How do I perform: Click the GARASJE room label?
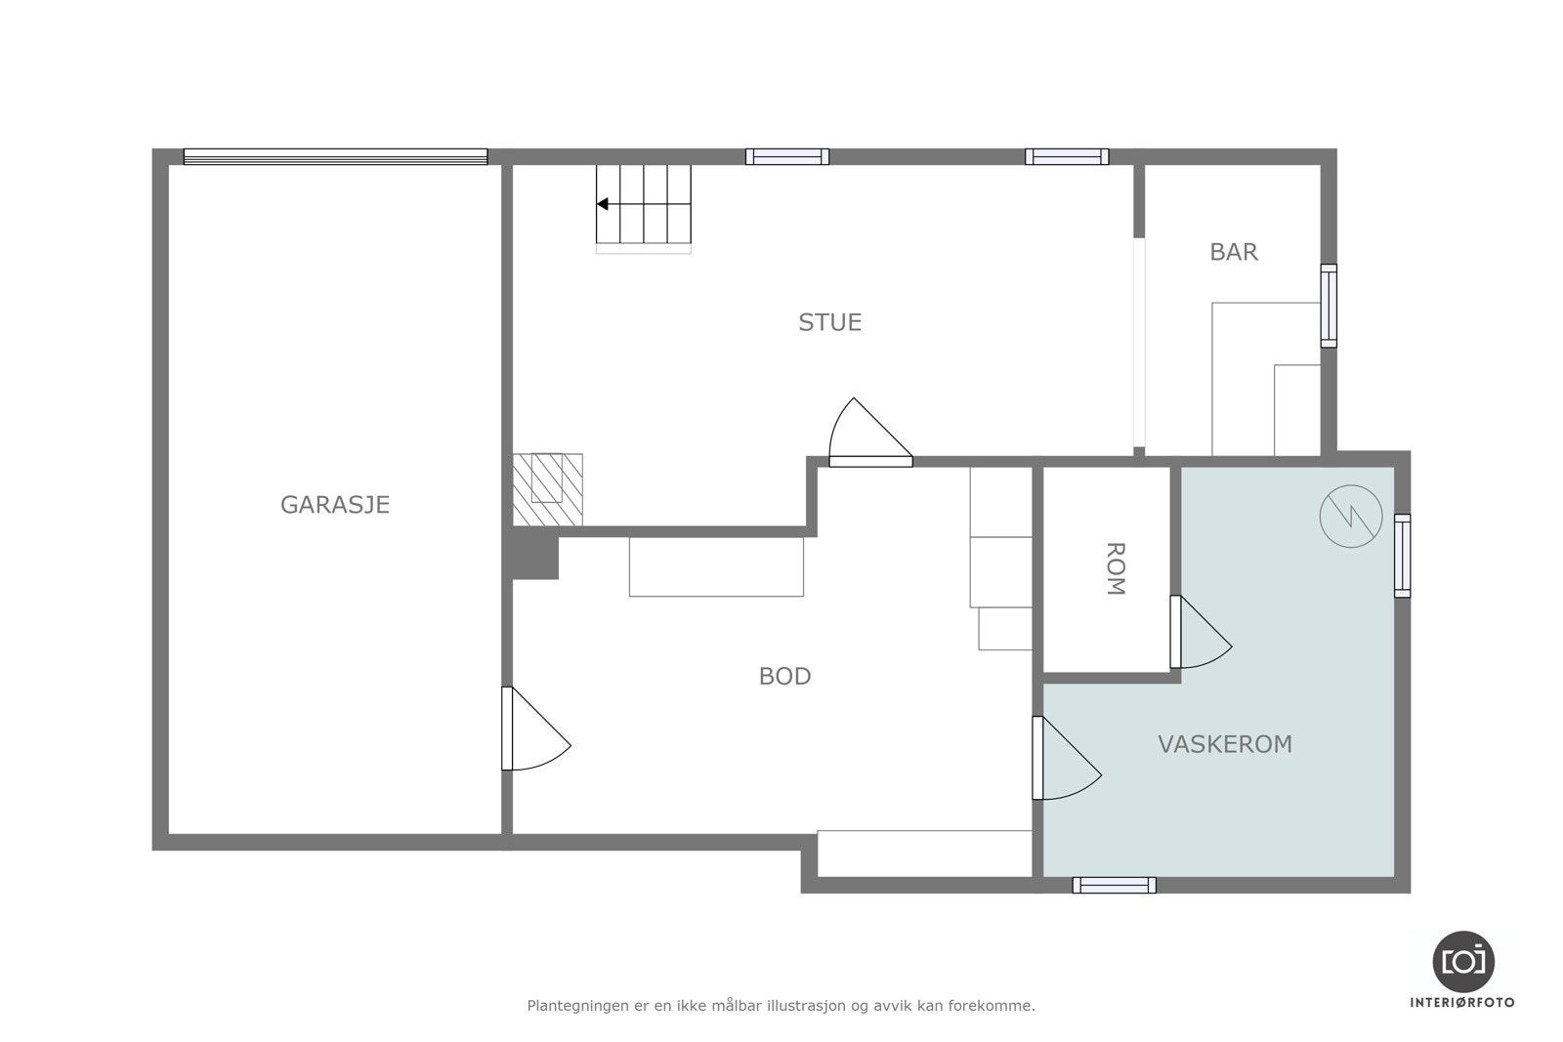pyautogui.click(x=335, y=504)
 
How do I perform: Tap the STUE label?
pyautogui.click(x=829, y=322)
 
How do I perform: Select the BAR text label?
pyautogui.click(x=1234, y=252)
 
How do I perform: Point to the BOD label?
pyautogui.click(x=785, y=676)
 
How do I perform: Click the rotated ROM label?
pyautogui.click(x=1116, y=568)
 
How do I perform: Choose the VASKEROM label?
pyautogui.click(x=1225, y=744)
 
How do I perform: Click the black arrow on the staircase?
pyautogui.click(x=603, y=204)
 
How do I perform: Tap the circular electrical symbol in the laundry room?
pyautogui.click(x=1351, y=517)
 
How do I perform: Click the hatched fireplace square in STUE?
pyautogui.click(x=548, y=489)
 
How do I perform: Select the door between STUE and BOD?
pyautogui.click(x=870, y=433)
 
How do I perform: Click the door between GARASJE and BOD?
pyautogui.click(x=536, y=729)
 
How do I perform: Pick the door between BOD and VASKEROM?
pyautogui.click(x=1066, y=758)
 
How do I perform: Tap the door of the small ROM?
pyautogui.click(x=1201, y=632)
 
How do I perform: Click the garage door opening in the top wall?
pyautogui.click(x=336, y=157)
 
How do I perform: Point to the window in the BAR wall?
pyautogui.click(x=1329, y=306)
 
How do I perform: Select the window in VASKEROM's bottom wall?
pyautogui.click(x=1115, y=885)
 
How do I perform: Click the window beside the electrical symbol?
pyautogui.click(x=1402, y=556)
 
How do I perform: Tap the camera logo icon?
pyautogui.click(x=1463, y=962)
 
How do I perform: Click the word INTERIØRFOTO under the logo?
pyautogui.click(x=1462, y=1003)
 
